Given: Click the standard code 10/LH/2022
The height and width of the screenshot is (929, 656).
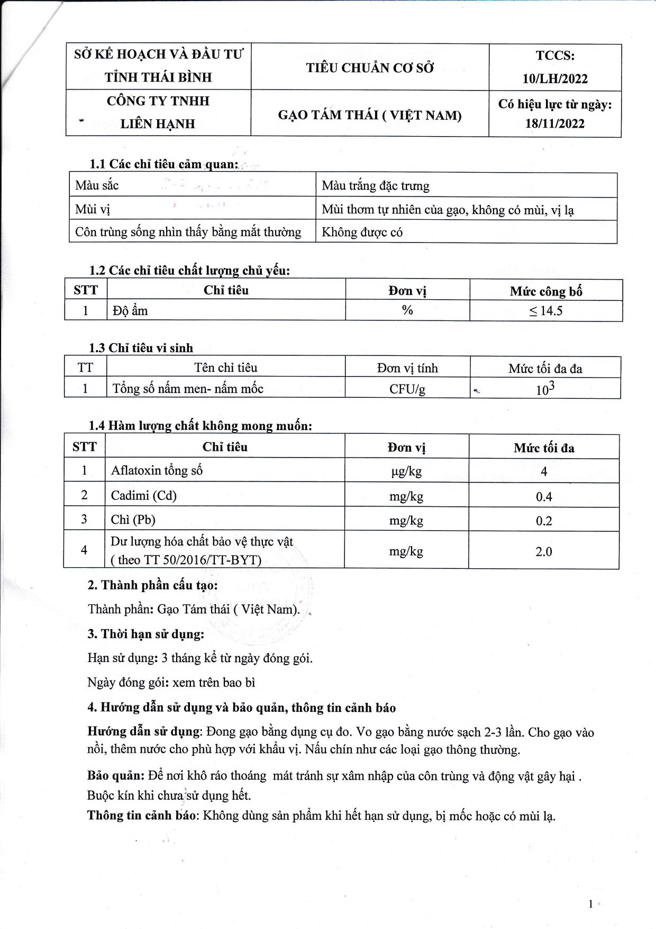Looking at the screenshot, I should tap(555, 78).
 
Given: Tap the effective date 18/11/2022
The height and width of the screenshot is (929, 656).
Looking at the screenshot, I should tap(555, 123).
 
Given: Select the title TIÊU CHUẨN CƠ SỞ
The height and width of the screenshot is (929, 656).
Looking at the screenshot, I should tap(370, 68).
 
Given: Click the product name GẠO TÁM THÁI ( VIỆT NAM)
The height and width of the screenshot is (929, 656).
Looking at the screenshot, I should tap(370, 115).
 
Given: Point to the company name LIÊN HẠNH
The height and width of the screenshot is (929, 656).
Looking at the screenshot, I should tap(158, 123).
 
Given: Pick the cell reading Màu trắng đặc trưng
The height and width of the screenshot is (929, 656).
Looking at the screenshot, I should tap(376, 185).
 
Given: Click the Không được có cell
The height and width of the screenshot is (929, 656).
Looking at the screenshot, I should tap(362, 232).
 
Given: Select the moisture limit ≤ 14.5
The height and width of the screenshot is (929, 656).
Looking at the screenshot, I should tap(546, 310).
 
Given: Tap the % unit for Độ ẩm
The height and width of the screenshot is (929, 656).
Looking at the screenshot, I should tap(407, 310).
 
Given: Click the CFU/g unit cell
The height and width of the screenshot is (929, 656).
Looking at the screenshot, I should tap(407, 389).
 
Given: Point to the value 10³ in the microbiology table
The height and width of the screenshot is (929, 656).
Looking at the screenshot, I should tap(545, 389).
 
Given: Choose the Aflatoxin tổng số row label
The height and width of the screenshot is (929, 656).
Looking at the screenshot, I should tap(157, 470).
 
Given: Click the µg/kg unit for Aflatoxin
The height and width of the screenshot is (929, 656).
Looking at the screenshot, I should tap(406, 471).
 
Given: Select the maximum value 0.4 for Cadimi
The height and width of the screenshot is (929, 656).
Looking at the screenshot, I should tap(544, 496).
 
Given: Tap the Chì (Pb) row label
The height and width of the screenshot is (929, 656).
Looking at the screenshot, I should tap(133, 520).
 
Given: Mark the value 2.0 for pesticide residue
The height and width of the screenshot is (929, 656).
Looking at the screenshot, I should tap(544, 551).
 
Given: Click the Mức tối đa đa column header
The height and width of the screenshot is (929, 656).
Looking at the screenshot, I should tap(545, 368).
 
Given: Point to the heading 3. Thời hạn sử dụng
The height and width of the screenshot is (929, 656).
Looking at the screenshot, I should tap(146, 634).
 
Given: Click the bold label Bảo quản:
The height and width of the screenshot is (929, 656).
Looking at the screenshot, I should tap(115, 775).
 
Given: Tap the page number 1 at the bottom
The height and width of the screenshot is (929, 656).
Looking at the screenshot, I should tap(590, 904).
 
